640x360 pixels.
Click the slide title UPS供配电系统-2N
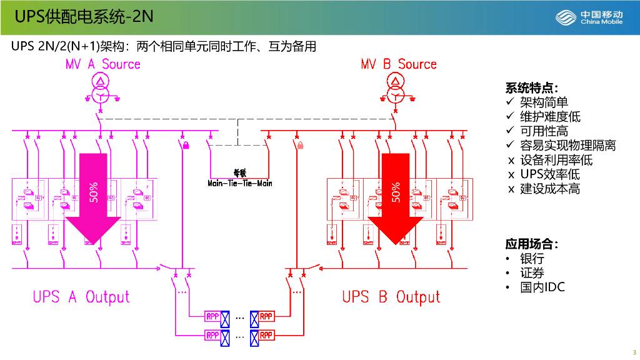coord(84,17)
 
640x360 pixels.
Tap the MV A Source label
coord(103,64)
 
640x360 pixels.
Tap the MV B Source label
coord(398,64)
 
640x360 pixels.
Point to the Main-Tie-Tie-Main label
coord(240,183)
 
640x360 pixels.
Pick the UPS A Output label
coord(81,297)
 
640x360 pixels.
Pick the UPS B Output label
coord(391,297)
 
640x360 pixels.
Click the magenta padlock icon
coord(186,145)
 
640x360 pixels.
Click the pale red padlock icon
coord(300,146)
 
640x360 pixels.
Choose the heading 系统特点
coord(531,87)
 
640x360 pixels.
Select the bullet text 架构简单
coord(544,102)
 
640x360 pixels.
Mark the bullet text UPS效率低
coord(550,174)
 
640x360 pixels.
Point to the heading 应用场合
coord(531,244)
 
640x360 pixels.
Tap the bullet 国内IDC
coord(542,287)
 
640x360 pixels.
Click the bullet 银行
coord(532,258)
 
